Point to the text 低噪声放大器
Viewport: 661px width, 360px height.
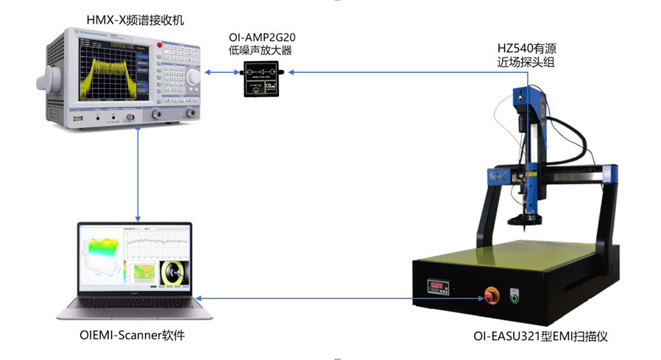(x=262, y=52)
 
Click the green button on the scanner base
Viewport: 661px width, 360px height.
(x=515, y=297)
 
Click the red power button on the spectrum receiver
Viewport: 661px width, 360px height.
(x=159, y=46)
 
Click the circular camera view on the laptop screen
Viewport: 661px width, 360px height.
(x=175, y=272)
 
